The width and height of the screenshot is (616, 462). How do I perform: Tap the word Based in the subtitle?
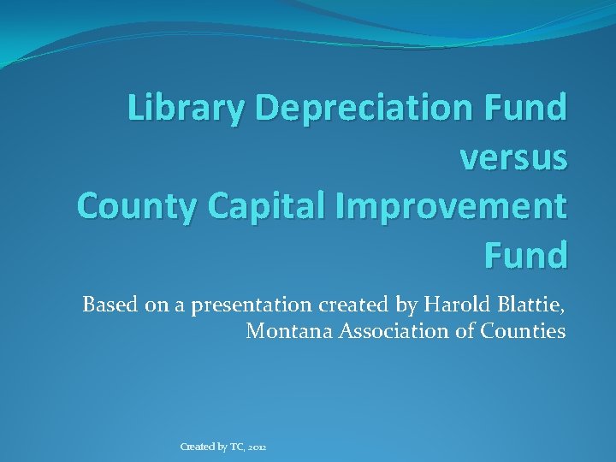click(107, 305)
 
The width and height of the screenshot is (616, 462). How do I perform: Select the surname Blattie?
click(529, 305)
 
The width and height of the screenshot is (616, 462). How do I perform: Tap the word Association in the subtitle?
click(388, 331)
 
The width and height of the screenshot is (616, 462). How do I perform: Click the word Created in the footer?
click(197, 447)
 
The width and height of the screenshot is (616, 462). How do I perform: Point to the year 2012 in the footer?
click(258, 447)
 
